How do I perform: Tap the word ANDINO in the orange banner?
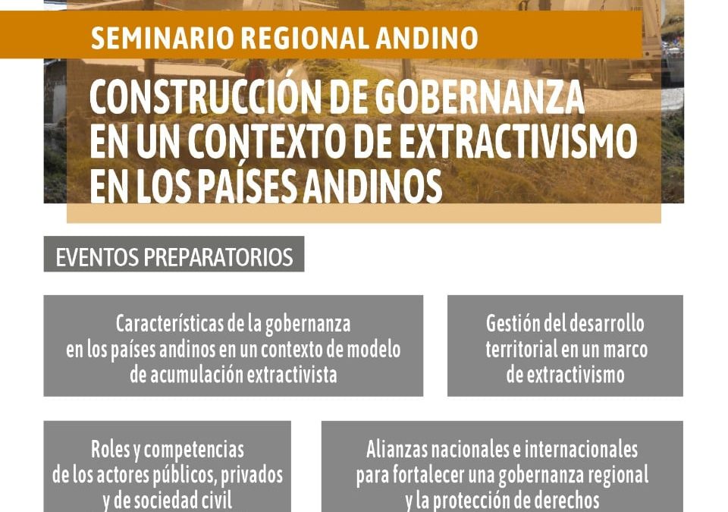tap(427, 38)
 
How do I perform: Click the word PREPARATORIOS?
tap(218, 257)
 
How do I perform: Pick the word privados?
tap(251, 476)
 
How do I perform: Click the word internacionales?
tap(582, 449)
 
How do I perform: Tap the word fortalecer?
tap(428, 475)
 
